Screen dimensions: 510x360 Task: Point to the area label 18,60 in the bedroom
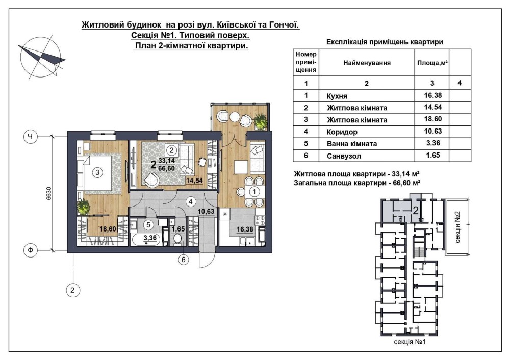tap(108, 229)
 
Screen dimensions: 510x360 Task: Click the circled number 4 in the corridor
tap(191, 201)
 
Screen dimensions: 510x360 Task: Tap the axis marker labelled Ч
tap(30, 137)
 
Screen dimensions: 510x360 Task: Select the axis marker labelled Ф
tap(30, 250)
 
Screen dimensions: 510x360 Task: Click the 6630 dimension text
tap(49, 194)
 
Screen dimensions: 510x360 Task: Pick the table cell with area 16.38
tap(432, 95)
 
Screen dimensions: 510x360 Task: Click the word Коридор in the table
tap(342, 132)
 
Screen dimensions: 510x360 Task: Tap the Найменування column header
tap(367, 63)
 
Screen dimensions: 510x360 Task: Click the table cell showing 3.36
tap(433, 143)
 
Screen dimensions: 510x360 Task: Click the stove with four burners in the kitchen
tap(260, 220)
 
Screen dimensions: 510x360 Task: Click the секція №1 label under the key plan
tap(410, 342)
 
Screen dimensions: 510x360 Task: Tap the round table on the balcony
tap(234, 117)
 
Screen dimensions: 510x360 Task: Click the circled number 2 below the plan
tap(72, 290)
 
